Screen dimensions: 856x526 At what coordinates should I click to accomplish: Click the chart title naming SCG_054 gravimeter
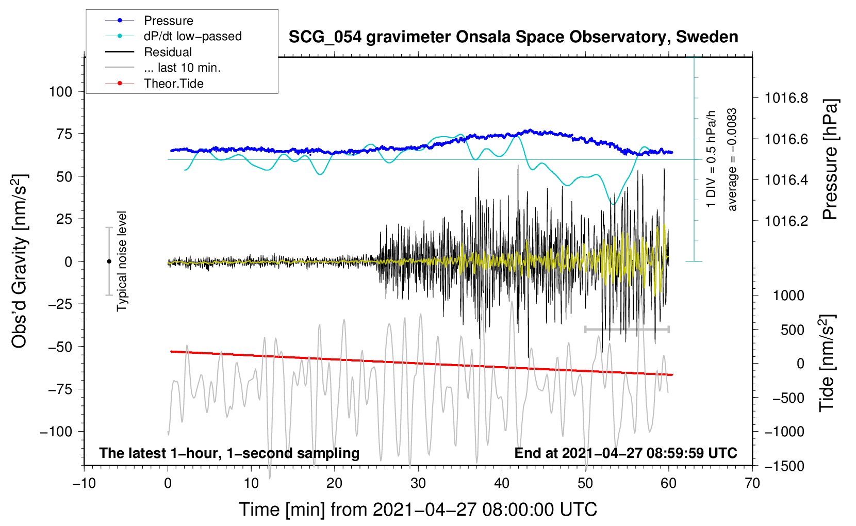click(513, 37)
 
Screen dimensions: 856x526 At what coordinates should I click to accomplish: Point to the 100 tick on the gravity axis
click(60, 92)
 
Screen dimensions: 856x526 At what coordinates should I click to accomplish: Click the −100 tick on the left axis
click(56, 432)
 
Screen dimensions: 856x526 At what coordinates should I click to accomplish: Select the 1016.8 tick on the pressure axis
click(786, 98)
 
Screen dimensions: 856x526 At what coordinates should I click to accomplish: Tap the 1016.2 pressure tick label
click(786, 221)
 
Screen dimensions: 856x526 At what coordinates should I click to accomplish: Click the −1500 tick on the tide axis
click(784, 466)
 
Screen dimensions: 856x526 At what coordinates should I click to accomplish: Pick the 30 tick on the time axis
click(418, 484)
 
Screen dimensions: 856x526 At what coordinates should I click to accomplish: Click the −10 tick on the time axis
click(84, 484)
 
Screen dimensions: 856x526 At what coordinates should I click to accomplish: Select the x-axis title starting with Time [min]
click(418, 509)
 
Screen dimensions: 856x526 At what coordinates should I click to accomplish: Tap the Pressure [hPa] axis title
click(830, 159)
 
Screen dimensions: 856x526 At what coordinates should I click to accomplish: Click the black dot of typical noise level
click(109, 261)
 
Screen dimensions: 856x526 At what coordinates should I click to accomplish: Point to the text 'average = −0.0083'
click(732, 160)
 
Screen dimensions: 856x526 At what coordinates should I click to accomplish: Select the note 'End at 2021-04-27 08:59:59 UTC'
click(625, 453)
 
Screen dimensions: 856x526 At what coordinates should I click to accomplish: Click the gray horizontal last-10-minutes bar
click(627, 329)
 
